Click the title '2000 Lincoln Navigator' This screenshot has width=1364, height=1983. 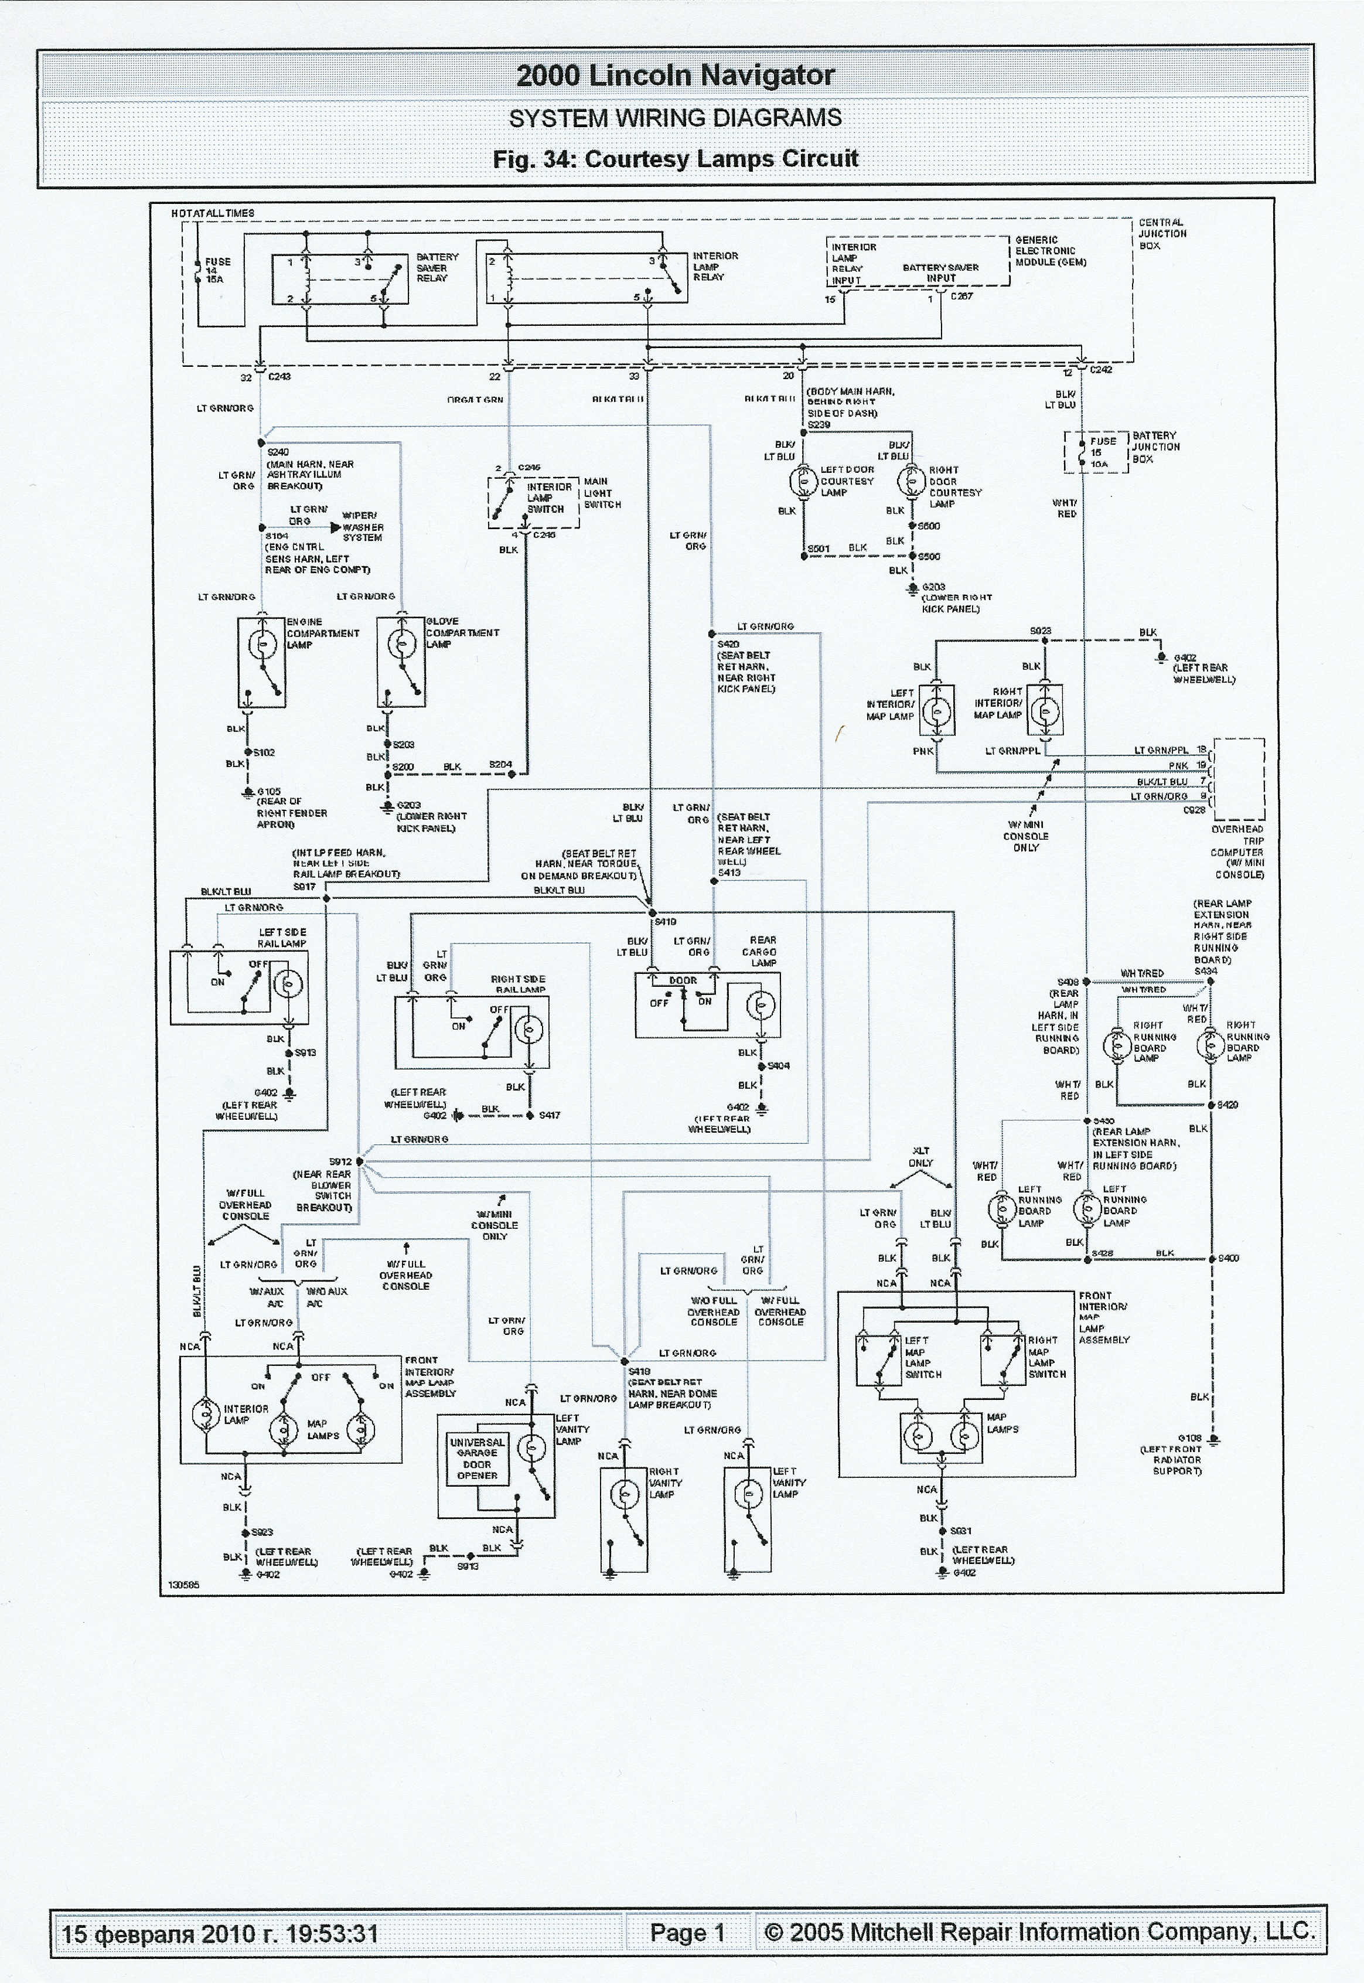674,75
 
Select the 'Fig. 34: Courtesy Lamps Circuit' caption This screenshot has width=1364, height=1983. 674,159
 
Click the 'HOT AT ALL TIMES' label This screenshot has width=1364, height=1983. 212,213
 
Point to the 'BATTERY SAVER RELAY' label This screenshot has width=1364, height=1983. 437,268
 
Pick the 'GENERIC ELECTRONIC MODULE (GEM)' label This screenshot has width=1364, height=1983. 1051,251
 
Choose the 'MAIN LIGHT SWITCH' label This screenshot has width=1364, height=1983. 602,493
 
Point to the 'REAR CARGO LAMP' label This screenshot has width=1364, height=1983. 761,950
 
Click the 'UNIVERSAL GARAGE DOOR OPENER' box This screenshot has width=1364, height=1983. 477,1458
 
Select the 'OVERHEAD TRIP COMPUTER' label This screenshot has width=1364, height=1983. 1237,851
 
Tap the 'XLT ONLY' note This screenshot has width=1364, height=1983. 920,1157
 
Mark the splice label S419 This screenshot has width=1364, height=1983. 665,921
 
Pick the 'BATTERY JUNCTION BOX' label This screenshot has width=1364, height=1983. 1155,447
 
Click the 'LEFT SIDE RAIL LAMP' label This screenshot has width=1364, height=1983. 282,938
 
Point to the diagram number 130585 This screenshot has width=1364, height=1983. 184,1585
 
